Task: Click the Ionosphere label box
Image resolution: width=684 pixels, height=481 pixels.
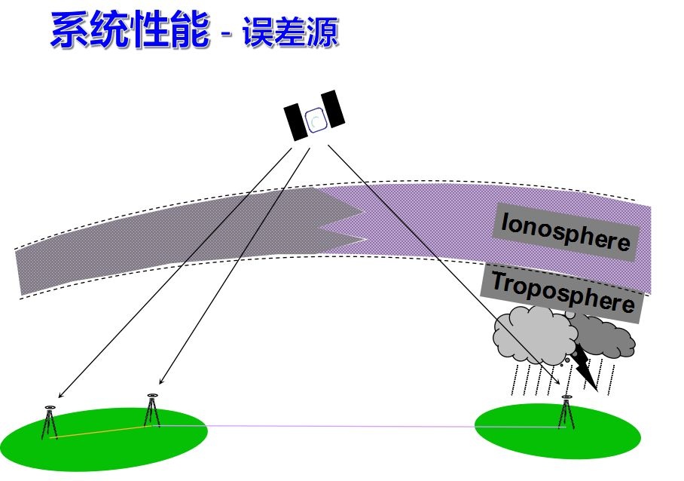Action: pos(565,232)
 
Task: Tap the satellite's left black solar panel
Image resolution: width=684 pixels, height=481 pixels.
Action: pos(296,121)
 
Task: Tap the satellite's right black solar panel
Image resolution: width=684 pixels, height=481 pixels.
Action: pos(333,109)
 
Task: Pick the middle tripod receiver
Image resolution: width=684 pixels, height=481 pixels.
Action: pos(152,411)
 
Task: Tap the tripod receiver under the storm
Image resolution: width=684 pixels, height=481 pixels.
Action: pos(566,412)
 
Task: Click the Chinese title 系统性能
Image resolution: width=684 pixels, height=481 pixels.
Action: pos(128,32)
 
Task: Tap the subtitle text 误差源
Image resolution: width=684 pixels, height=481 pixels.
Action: pos(290,33)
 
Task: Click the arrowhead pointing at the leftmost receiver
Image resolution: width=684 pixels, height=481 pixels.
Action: pos(60,395)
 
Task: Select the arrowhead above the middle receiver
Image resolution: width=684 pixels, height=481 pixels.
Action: pos(161,381)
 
